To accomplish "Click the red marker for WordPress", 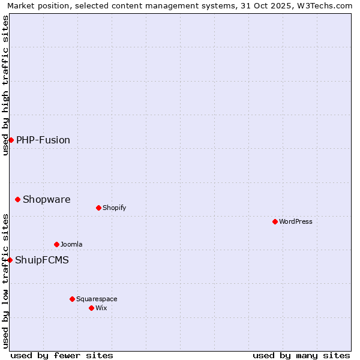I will point(275,221).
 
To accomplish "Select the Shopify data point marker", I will point(98,208).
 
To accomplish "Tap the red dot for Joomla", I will point(56,244).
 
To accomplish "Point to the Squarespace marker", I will point(72,299).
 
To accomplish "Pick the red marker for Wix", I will point(91,308).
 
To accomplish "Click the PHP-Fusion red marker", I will point(11,140).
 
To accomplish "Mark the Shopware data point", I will point(17,199).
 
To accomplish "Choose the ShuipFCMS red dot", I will point(10,260).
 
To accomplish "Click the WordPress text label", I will point(296,221).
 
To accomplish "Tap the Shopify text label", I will point(114,208).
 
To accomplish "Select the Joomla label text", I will point(71,244).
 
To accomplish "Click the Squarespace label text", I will point(97,299).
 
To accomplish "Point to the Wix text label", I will point(101,308).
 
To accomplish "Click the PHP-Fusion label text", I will point(43,140).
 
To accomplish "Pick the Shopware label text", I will point(47,199).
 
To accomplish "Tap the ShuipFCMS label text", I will point(42,260).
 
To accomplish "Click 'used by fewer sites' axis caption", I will point(62,355).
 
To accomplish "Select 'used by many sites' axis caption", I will point(301,355).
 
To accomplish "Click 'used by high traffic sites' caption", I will point(5,85).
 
